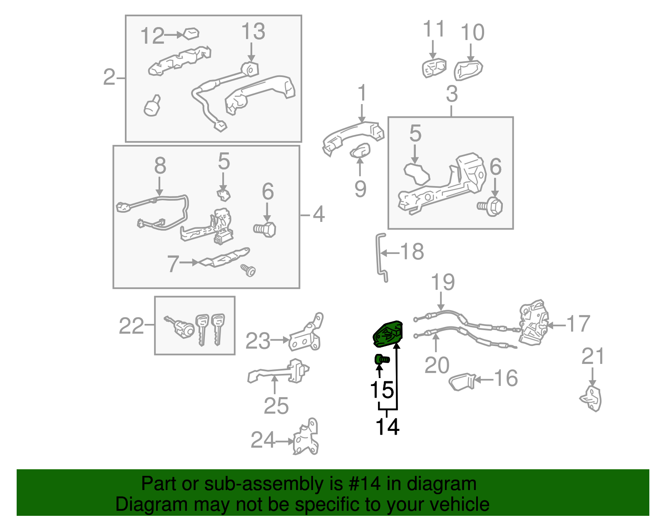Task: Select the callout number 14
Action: tap(387, 426)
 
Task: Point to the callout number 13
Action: tap(253, 32)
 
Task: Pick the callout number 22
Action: tap(131, 326)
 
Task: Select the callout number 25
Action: tap(276, 406)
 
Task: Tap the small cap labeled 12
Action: tap(191, 34)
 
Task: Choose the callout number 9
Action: tap(360, 188)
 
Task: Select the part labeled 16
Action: tap(462, 381)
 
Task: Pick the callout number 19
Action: tap(443, 282)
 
